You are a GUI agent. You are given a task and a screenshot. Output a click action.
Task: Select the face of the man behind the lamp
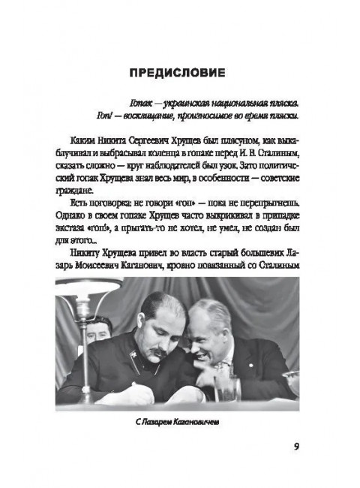100,328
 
